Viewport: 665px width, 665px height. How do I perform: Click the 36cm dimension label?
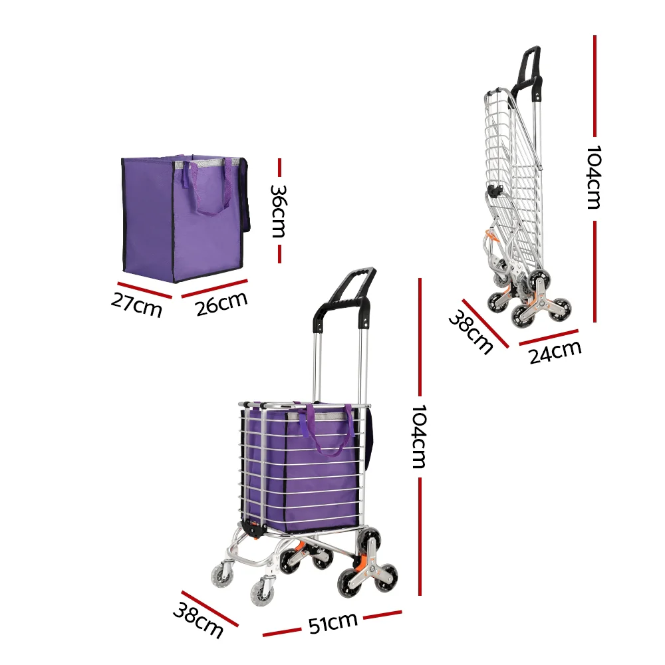click(x=279, y=210)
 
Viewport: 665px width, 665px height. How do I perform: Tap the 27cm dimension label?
click(x=136, y=305)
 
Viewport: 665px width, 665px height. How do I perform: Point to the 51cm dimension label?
click(x=332, y=622)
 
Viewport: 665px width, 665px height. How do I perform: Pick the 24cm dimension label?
click(x=555, y=352)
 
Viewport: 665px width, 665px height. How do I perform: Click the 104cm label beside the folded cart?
click(x=594, y=178)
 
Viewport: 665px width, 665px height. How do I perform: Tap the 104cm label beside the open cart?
click(x=419, y=436)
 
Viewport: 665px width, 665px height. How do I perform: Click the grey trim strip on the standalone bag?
click(x=206, y=162)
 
